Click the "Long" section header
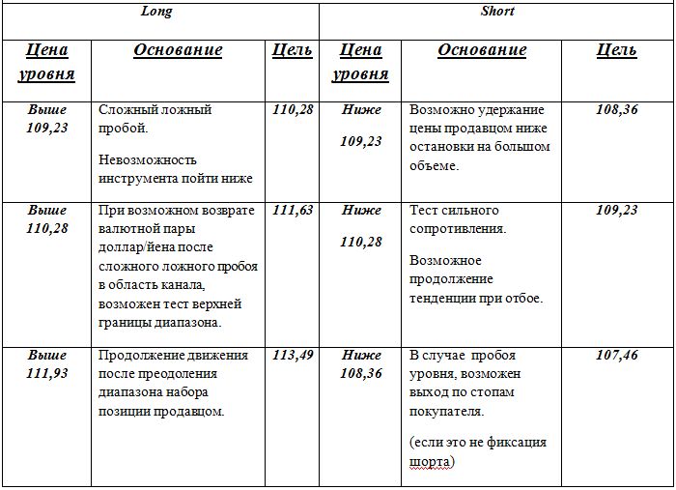tap(156, 12)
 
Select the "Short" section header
tap(497, 12)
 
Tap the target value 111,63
tap(293, 210)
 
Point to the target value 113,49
tap(293, 355)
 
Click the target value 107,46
tap(617, 355)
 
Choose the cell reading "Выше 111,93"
tap(47, 364)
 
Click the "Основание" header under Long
tap(178, 50)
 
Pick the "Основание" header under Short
tap(482, 50)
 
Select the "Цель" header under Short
tap(617, 50)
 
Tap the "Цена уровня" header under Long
tap(47, 62)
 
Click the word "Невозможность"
tap(148, 159)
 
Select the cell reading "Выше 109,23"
tap(47, 119)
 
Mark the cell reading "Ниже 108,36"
tap(361, 364)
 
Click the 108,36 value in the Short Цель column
tap(617, 110)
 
